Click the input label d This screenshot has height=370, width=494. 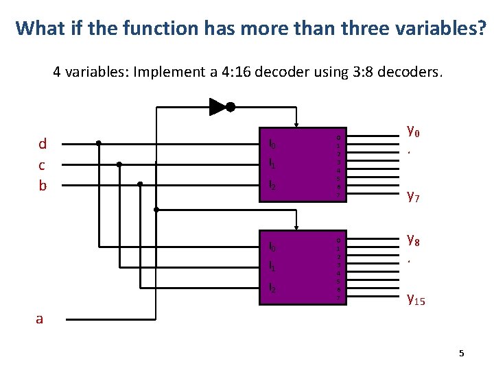(x=43, y=144)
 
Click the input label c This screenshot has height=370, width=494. (x=42, y=165)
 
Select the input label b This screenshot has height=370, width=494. (x=43, y=186)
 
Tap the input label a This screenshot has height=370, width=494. (x=40, y=319)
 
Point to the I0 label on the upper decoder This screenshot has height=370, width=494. (x=272, y=145)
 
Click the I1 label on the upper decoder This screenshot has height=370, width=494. (x=272, y=164)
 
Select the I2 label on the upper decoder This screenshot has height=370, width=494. (x=272, y=185)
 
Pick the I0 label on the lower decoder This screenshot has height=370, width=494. (x=272, y=247)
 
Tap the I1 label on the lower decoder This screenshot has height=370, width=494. (x=272, y=266)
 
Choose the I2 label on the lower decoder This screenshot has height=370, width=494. (x=272, y=287)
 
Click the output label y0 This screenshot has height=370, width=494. (x=413, y=129)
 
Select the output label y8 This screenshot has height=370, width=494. (x=413, y=240)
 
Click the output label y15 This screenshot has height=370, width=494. (x=416, y=298)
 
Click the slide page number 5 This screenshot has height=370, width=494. (x=461, y=354)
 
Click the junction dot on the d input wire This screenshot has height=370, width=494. (x=99, y=143)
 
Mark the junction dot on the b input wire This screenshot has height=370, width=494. (x=140, y=184)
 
